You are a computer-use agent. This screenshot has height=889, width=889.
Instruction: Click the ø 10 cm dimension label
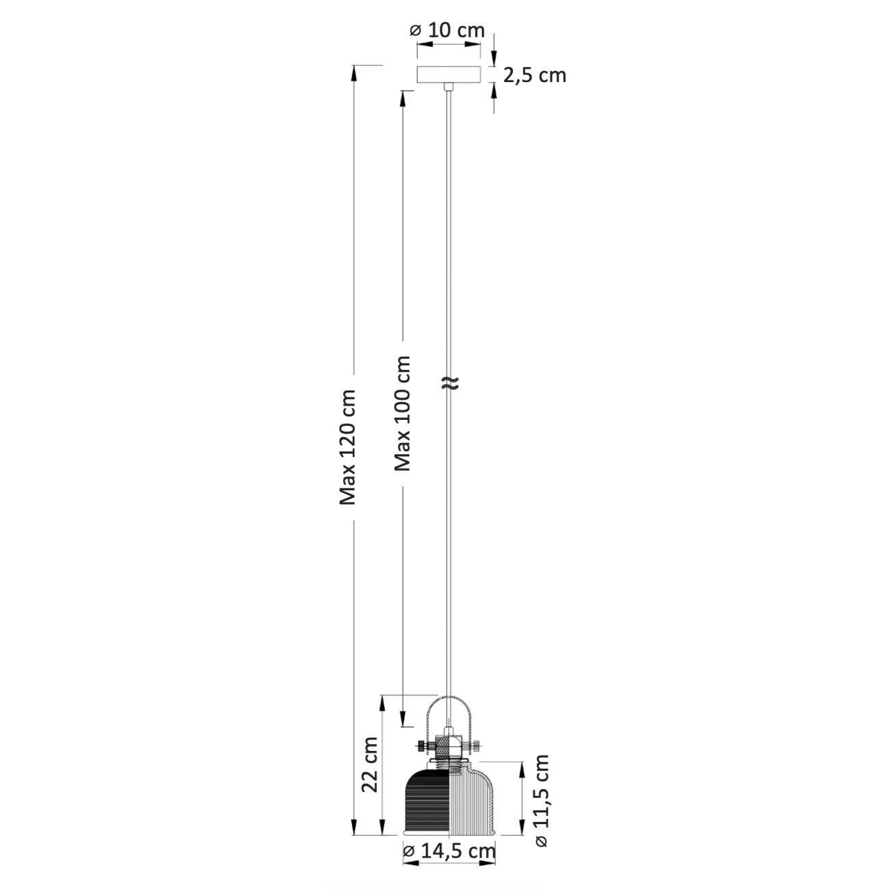point(447,31)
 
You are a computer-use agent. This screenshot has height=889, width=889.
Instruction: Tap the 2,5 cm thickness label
point(534,76)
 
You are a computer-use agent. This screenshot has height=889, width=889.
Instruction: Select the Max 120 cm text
point(347,447)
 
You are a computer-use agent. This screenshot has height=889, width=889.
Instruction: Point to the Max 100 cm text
point(401,413)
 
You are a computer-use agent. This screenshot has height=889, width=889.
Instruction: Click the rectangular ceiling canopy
point(449,75)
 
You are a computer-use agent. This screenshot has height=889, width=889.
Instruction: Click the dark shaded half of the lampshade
point(427,808)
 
